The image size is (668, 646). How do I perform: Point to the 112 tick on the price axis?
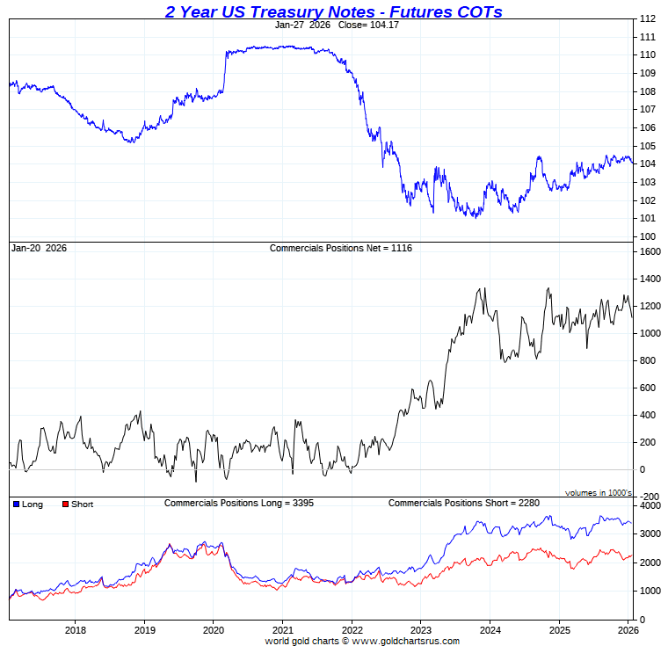(x=648, y=18)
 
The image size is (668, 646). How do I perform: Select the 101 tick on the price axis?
(x=648, y=218)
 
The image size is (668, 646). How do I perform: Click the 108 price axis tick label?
(x=648, y=91)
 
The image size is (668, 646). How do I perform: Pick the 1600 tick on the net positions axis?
(x=650, y=251)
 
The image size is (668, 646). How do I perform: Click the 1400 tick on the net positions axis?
(x=650, y=279)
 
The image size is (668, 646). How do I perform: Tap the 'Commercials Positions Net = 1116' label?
(x=340, y=248)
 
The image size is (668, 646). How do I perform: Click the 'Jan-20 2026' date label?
(x=39, y=248)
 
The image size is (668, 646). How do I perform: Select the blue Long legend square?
(x=16, y=504)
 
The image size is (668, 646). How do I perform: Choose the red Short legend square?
(x=64, y=504)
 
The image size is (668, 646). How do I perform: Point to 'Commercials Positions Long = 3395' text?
(x=239, y=503)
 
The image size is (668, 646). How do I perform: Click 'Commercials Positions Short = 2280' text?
(x=463, y=503)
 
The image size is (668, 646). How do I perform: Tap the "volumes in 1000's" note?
(x=599, y=493)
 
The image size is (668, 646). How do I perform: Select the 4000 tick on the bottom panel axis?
(x=650, y=506)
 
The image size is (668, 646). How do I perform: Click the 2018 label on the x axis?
(x=76, y=629)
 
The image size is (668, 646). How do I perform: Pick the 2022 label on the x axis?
(x=351, y=629)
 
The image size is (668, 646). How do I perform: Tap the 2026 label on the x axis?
(x=627, y=629)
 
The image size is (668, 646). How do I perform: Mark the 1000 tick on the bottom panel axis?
(x=650, y=592)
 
